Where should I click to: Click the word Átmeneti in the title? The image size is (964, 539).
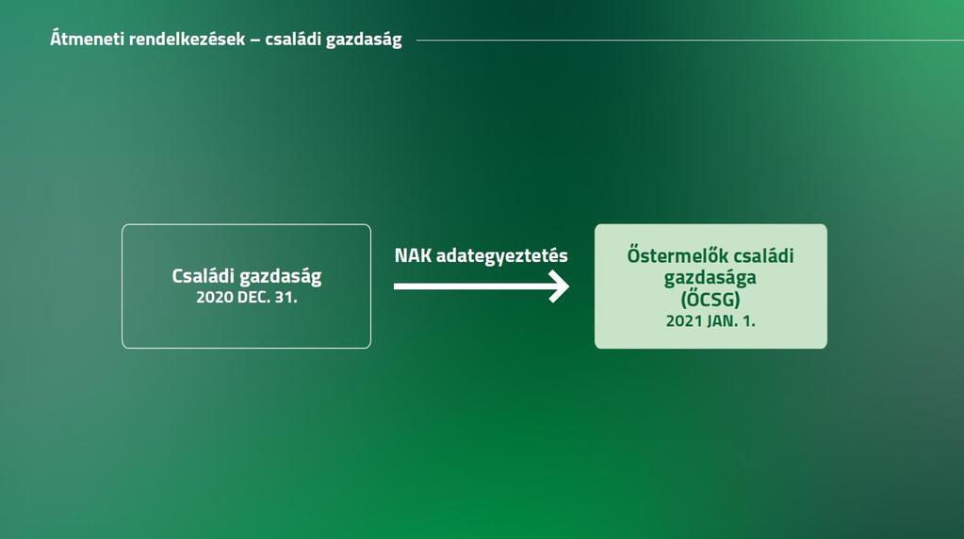pyautogui.click(x=87, y=39)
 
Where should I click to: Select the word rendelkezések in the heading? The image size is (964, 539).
pyautogui.click(x=187, y=40)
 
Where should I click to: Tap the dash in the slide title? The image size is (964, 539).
pyautogui.click(x=255, y=40)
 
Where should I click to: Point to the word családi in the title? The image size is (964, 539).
pyautogui.click(x=293, y=40)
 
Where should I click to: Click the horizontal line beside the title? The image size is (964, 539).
pyautogui.click(x=690, y=41)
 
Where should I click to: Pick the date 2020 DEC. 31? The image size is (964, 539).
pyautogui.click(x=247, y=298)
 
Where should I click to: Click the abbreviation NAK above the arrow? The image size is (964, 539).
pyautogui.click(x=413, y=255)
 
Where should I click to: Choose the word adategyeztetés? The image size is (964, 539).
pyautogui.click(x=501, y=256)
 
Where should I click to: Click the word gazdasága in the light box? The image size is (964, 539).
pyautogui.click(x=711, y=278)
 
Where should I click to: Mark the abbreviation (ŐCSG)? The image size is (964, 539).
pyautogui.click(x=711, y=300)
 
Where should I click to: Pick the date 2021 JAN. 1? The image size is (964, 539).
pyautogui.click(x=711, y=320)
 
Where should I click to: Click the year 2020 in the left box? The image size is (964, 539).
pyautogui.click(x=215, y=298)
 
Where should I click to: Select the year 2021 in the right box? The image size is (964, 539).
pyautogui.click(x=684, y=320)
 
